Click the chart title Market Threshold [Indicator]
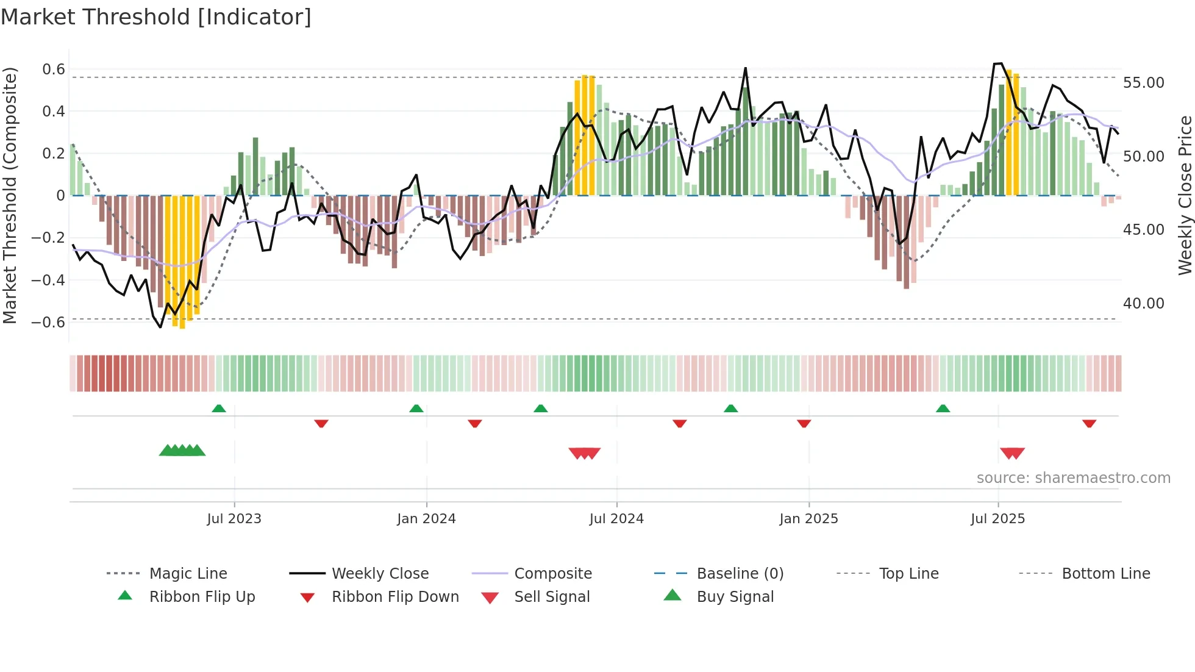156,17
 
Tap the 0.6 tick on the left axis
54,70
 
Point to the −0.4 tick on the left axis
48,281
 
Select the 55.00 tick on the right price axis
1143,83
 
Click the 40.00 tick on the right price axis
1143,304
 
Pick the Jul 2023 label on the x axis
234,519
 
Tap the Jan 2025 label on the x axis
808,519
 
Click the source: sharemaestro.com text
1073,478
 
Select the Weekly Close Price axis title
1185,195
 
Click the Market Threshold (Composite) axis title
10,195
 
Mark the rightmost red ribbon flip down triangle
1089,423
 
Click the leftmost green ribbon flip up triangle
219,409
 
